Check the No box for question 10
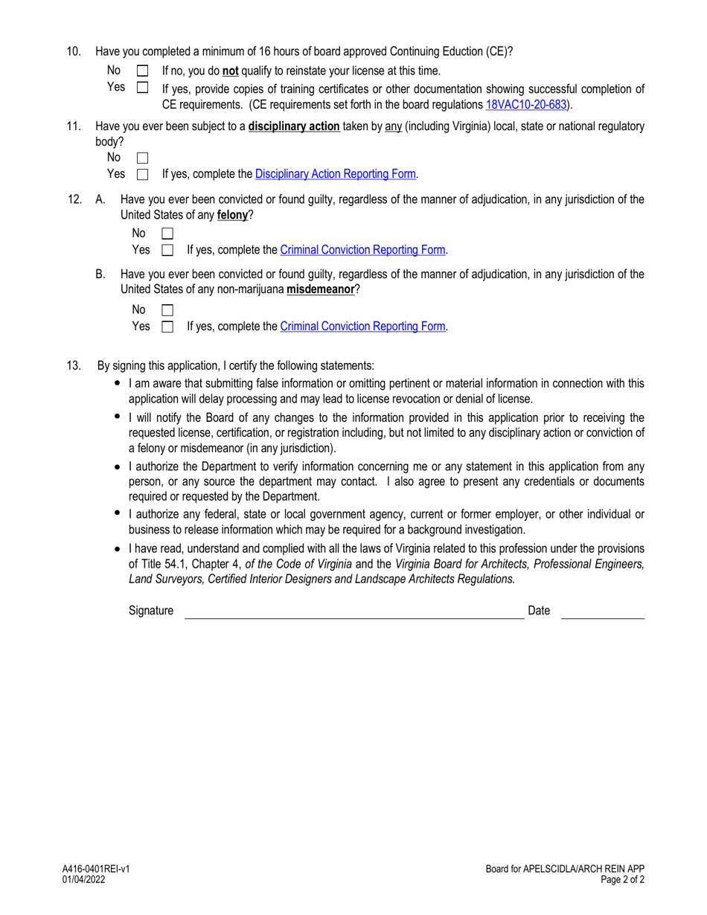click(144, 71)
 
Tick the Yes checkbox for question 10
click(144, 88)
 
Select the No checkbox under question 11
click(144, 158)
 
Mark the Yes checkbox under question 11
click(144, 175)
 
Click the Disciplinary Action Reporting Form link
click(336, 175)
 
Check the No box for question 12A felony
click(167, 234)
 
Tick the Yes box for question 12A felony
click(167, 251)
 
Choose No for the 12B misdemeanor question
click(167, 309)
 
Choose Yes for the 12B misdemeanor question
click(167, 327)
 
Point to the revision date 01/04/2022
click(83, 879)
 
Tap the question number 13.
click(73, 365)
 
